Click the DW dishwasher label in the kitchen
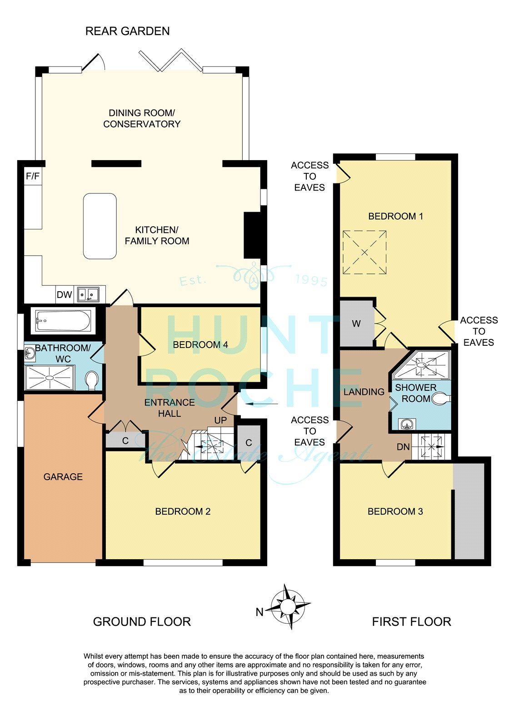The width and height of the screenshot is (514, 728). tap(64, 294)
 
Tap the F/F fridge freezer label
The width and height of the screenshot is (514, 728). tap(33, 176)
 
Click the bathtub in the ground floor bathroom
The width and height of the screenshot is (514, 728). tap(63, 321)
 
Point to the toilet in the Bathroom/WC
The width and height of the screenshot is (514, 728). tap(91, 380)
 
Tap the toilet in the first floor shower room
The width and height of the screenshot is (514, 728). tap(441, 398)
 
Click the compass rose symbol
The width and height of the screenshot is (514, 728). tap(287, 607)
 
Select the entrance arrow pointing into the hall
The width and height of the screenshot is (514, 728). tap(262, 404)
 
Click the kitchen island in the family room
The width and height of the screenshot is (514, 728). tap(100, 226)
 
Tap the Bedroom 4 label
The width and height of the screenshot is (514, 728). tap(200, 344)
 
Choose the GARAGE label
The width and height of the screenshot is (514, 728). tap(63, 477)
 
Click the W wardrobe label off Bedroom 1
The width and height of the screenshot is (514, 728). tap(356, 324)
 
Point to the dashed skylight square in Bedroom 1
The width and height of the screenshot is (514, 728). tap(364, 253)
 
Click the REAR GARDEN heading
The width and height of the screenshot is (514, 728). tap(128, 31)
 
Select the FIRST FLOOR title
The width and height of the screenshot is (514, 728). tap(412, 622)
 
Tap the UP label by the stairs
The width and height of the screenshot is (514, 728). tap(220, 420)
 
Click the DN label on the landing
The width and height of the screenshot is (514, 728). tap(403, 447)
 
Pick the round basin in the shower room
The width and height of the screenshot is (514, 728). tap(407, 424)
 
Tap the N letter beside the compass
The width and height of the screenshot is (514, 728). tap(259, 612)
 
